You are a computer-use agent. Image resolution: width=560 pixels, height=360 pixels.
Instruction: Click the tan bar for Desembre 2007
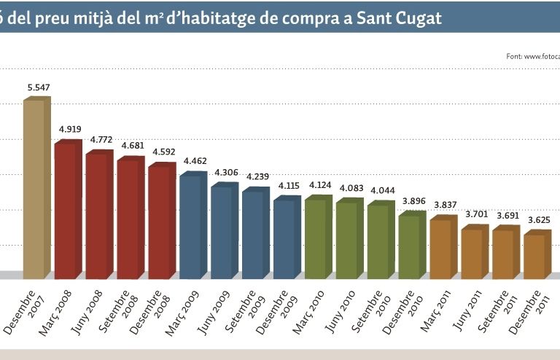(x=34, y=189)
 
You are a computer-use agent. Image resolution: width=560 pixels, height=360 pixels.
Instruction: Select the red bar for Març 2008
(x=65, y=211)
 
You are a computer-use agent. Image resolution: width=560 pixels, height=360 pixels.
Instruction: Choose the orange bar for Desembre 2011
(x=534, y=257)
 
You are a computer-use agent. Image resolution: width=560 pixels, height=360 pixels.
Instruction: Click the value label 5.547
(x=38, y=88)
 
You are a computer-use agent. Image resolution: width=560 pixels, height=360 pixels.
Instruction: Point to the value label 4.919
(x=70, y=130)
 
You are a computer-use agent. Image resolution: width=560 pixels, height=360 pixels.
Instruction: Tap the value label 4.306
(x=226, y=172)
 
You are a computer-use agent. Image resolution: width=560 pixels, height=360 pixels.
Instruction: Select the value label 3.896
(x=413, y=202)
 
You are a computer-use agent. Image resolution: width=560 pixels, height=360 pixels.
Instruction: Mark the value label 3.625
(x=538, y=220)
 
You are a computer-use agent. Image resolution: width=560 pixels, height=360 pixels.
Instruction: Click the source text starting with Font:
(x=532, y=56)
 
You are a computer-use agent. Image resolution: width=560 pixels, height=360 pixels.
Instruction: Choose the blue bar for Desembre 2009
(x=284, y=239)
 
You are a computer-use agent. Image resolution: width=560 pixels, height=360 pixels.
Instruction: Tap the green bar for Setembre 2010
(x=378, y=241)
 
